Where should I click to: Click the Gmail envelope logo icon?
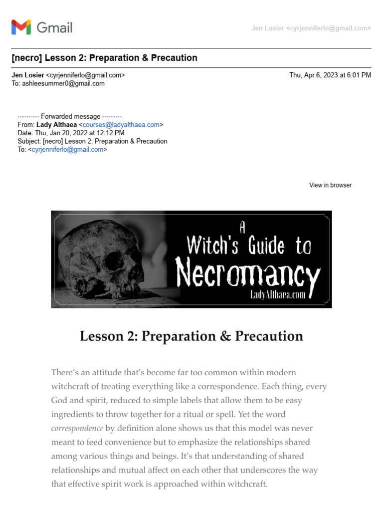point(21,27)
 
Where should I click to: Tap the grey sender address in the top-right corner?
point(311,28)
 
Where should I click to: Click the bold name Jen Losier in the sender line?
point(27,75)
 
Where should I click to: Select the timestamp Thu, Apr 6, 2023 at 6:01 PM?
point(330,75)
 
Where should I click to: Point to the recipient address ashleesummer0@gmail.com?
point(63,83)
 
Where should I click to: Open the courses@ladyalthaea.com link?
point(121,125)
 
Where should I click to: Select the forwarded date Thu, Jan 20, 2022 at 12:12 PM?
point(80,133)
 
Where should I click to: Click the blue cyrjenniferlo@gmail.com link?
point(67,149)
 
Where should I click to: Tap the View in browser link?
point(330,185)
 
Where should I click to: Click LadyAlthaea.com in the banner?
point(277,294)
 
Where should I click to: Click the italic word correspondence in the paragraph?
point(77,428)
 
